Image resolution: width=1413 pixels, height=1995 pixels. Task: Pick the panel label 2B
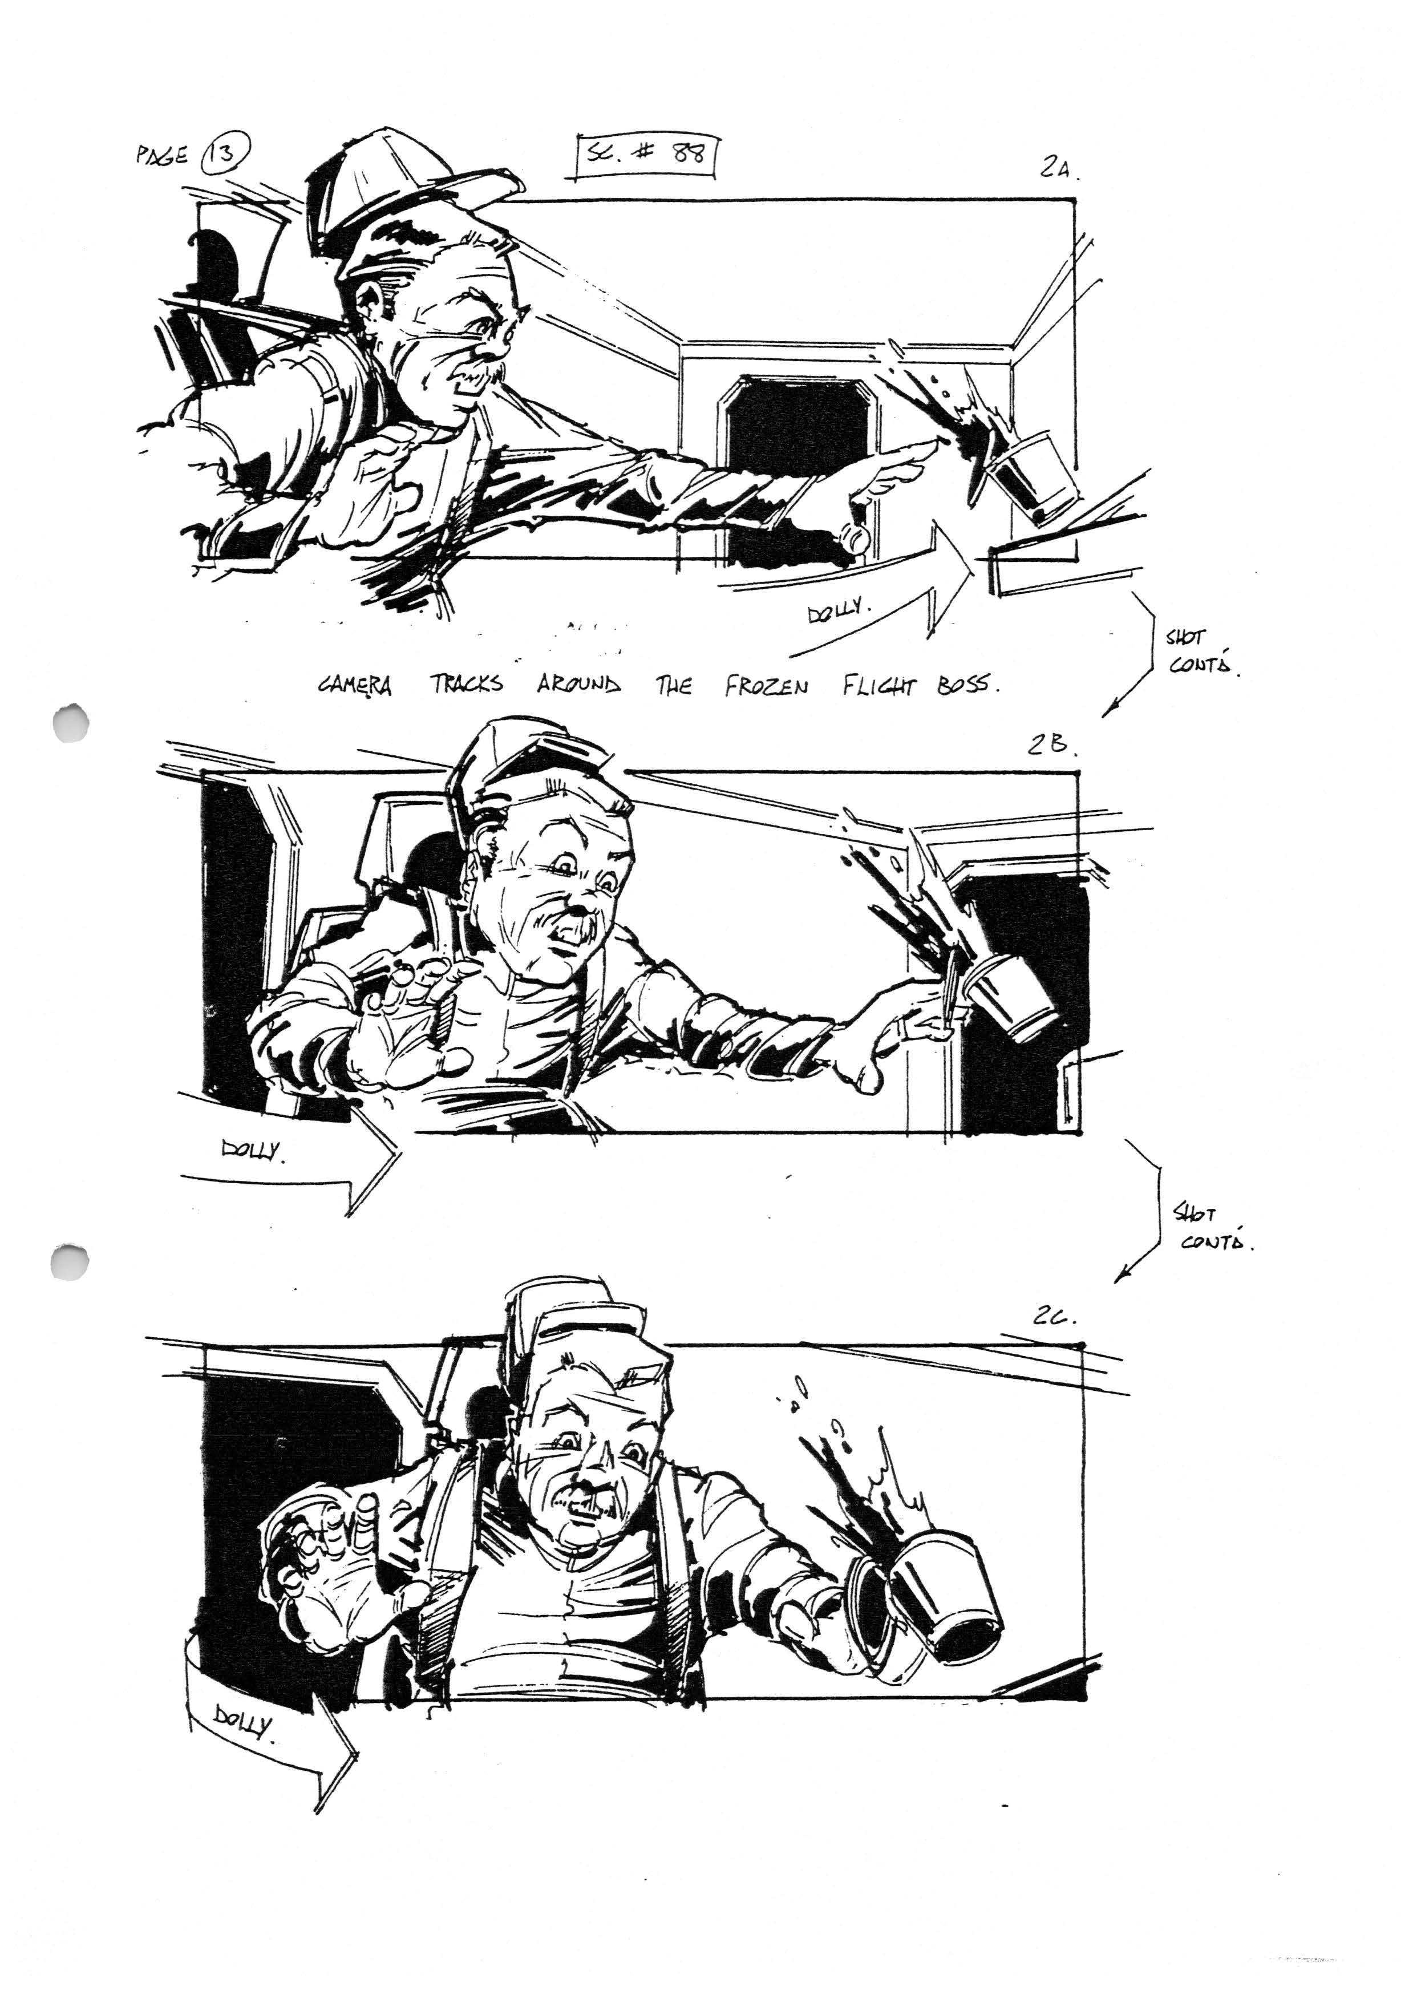click(1051, 744)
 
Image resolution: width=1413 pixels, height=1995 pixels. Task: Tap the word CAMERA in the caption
click(355, 686)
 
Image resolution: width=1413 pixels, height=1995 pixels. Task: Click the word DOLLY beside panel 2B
click(252, 1151)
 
